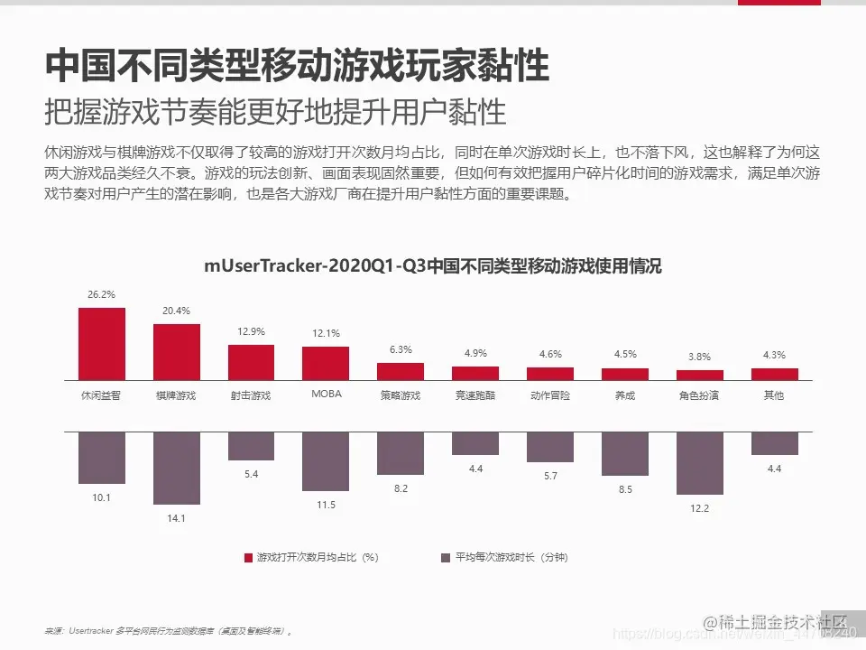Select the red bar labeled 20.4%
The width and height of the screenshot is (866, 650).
pyautogui.click(x=177, y=351)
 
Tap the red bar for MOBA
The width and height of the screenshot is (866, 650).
pyautogui.click(x=326, y=362)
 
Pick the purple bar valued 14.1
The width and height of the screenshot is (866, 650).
pyautogui.click(x=177, y=467)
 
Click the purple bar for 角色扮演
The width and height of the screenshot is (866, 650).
pyautogui.click(x=700, y=462)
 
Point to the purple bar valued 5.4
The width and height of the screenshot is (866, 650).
pyautogui.click(x=251, y=446)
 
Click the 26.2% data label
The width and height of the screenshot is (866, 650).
pyautogui.click(x=101, y=294)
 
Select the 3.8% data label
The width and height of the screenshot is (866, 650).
pyautogui.click(x=700, y=357)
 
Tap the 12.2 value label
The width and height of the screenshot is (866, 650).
pyautogui.click(x=700, y=508)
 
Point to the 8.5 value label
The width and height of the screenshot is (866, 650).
pyautogui.click(x=625, y=489)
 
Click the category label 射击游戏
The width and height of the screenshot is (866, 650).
pyautogui.click(x=251, y=395)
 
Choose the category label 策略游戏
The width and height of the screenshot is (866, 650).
pyautogui.click(x=401, y=395)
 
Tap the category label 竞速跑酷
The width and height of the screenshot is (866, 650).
pyautogui.click(x=475, y=395)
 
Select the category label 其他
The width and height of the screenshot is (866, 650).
pyautogui.click(x=774, y=395)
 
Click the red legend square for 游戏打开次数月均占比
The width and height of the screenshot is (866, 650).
pyautogui.click(x=249, y=558)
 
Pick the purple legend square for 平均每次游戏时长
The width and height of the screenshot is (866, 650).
pyautogui.click(x=445, y=558)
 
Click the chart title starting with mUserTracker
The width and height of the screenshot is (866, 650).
pyautogui.click(x=433, y=266)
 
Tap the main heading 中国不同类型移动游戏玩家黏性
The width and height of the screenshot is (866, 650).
pyautogui.click(x=297, y=66)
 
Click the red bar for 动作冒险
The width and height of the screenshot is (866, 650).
pyautogui.click(x=550, y=373)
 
